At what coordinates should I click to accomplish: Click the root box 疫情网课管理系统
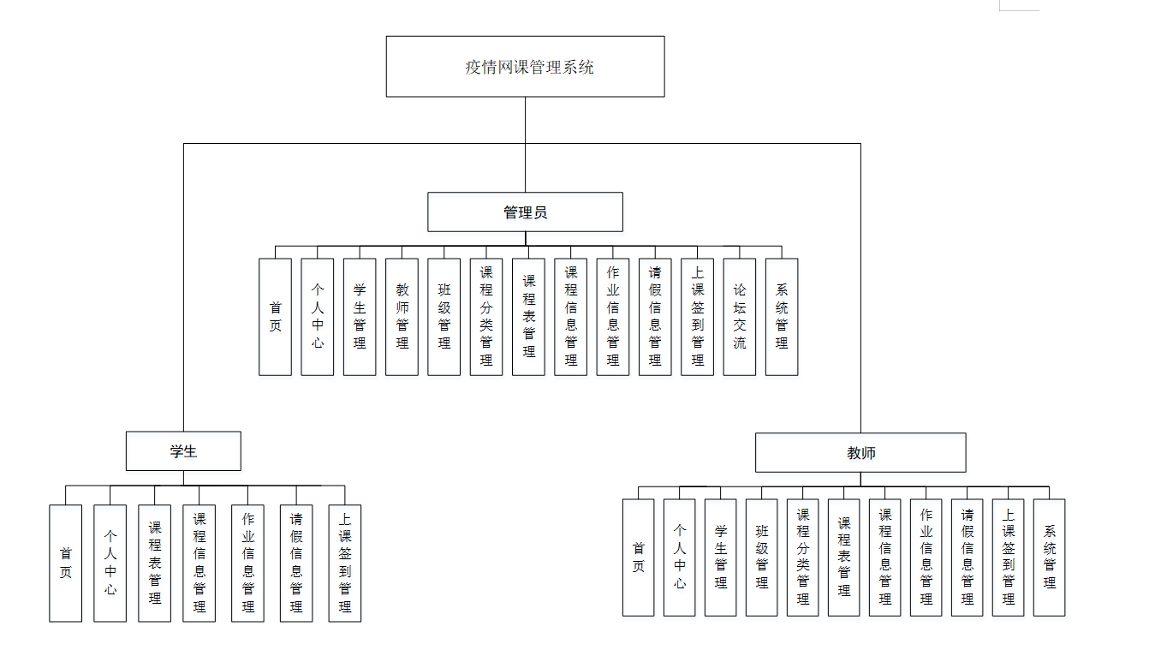tap(525, 66)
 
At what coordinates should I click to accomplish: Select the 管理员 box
tap(525, 212)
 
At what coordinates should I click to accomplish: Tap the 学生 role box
tap(183, 450)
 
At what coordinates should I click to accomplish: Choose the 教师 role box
tap(860, 452)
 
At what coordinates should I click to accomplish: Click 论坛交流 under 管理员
tap(740, 317)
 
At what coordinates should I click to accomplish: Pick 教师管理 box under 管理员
tap(402, 317)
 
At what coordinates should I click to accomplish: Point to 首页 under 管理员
tap(276, 317)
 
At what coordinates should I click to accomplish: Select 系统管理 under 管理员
tap(782, 317)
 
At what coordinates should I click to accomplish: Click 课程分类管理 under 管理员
tap(486, 317)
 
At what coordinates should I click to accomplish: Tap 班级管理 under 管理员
tap(444, 317)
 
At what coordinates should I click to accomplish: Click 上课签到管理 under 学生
tap(345, 563)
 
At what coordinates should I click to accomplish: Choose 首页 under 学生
tap(66, 563)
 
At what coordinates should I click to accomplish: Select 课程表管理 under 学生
tap(155, 563)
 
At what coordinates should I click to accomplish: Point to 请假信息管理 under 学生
tap(296, 563)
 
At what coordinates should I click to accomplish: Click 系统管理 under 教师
tap(1050, 558)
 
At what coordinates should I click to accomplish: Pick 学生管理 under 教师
tap(721, 558)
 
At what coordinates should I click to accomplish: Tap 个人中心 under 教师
tap(680, 558)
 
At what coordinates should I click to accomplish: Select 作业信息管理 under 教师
tap(926, 558)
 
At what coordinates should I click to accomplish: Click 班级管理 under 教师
tap(762, 558)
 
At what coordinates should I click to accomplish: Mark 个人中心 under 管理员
tap(318, 317)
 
